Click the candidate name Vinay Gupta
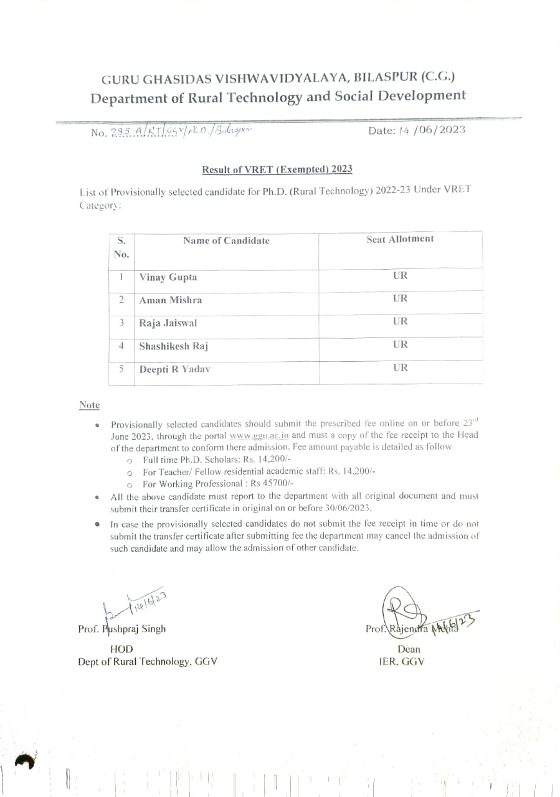click(x=168, y=278)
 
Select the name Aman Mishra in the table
click(x=170, y=300)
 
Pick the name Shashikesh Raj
click(x=173, y=346)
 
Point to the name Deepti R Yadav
click(x=174, y=369)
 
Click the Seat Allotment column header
click(x=400, y=239)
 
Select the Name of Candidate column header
click(x=226, y=241)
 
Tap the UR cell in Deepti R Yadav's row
click(x=401, y=367)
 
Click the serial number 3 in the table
click(x=122, y=323)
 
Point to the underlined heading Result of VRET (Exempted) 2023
click(x=277, y=169)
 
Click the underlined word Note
click(x=89, y=405)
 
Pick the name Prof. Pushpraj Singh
click(x=122, y=629)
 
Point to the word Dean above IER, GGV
click(x=408, y=649)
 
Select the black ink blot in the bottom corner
click(x=24, y=761)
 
